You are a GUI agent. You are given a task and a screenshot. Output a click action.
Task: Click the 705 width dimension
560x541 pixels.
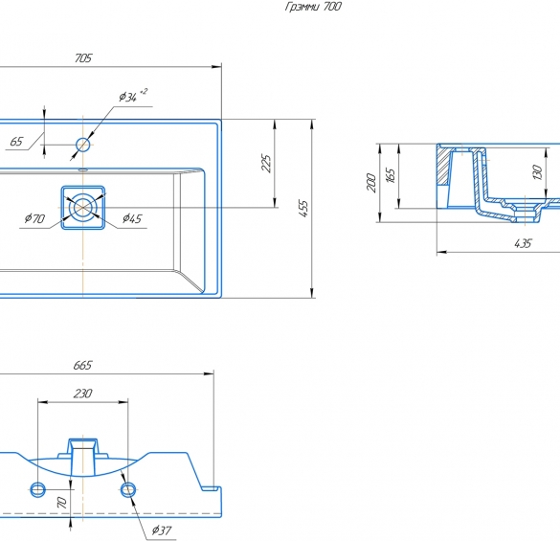click(83, 58)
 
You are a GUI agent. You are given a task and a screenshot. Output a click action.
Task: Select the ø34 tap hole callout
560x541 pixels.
click(133, 96)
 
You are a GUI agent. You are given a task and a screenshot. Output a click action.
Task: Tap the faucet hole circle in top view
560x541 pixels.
click(83, 145)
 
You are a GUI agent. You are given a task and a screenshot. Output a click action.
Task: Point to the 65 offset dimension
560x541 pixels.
click(16, 142)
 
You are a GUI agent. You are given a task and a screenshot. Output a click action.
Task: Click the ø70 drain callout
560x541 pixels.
click(34, 218)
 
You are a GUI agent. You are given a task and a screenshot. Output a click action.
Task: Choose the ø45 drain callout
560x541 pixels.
click(132, 218)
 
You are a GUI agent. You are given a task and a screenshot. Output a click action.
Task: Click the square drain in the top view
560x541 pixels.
click(83, 207)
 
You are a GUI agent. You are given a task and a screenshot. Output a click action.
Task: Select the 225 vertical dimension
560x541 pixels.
click(267, 164)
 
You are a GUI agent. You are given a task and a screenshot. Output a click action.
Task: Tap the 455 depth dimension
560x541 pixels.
click(302, 209)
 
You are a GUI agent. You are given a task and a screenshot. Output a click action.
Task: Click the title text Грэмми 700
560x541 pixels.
click(313, 7)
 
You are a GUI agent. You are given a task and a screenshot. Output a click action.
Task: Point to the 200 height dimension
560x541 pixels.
click(371, 183)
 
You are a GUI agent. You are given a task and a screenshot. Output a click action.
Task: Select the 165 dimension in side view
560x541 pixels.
click(391, 175)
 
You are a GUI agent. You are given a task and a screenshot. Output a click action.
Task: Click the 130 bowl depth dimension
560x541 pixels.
click(537, 172)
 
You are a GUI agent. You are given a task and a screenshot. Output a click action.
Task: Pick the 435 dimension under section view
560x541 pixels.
click(523, 244)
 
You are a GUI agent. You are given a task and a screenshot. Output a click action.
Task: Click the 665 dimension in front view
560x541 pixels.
click(82, 365)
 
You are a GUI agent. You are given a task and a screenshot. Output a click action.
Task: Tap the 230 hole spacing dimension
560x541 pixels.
click(83, 394)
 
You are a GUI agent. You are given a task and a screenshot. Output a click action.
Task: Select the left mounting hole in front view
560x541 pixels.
click(38, 489)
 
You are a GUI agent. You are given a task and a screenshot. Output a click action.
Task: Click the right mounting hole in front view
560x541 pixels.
click(128, 489)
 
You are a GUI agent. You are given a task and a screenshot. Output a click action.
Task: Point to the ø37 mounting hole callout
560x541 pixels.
click(162, 530)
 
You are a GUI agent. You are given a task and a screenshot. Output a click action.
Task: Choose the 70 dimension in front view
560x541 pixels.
click(62, 503)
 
